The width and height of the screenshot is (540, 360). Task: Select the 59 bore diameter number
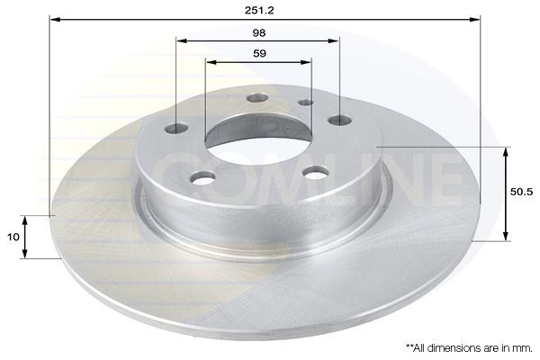(259, 53)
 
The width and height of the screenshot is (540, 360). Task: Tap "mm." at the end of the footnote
(521, 346)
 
